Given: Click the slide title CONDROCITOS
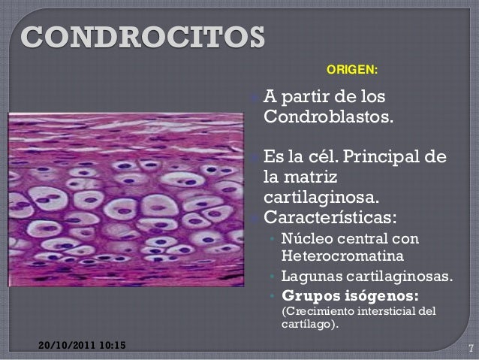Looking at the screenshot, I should click(143, 36).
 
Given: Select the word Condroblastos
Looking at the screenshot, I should click(327, 118).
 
